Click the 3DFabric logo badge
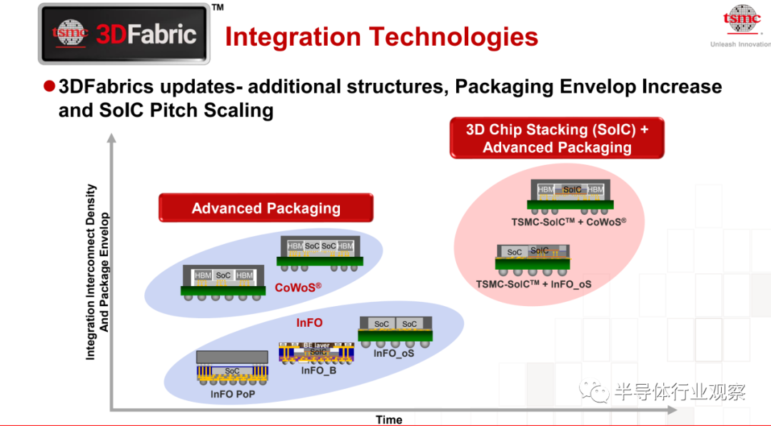124,34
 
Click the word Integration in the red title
293,37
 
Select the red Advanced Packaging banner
266,208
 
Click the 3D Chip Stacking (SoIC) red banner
557,138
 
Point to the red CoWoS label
298,288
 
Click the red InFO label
309,323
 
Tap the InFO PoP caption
233,394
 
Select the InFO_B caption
318,370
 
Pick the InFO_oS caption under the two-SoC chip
393,353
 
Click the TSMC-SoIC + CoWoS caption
568,222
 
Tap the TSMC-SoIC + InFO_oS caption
533,285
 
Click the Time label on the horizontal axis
389,420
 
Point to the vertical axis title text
97,272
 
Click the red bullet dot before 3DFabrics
49,86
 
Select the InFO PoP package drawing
232,368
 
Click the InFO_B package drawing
316,353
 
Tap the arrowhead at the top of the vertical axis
111,138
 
